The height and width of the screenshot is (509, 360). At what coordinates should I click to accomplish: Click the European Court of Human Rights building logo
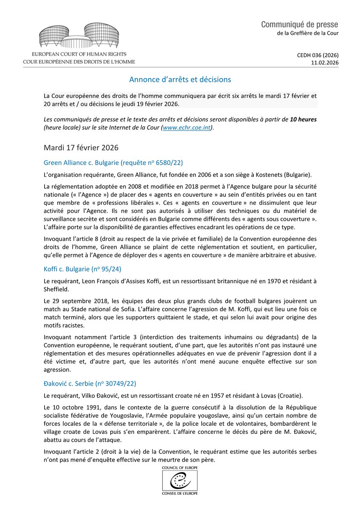[x=79, y=36]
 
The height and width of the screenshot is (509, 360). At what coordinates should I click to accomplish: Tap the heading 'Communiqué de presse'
[x=300, y=24]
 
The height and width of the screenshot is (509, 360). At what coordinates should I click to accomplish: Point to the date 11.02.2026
[x=325, y=63]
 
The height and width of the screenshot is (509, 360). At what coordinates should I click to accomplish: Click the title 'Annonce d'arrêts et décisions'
[x=180, y=79]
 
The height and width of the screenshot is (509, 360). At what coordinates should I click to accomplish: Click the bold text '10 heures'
[x=303, y=119]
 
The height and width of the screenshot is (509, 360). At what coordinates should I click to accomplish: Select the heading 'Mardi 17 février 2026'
[x=81, y=148]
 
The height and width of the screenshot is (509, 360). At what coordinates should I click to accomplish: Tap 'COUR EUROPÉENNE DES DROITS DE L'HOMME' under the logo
[x=79, y=62]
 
